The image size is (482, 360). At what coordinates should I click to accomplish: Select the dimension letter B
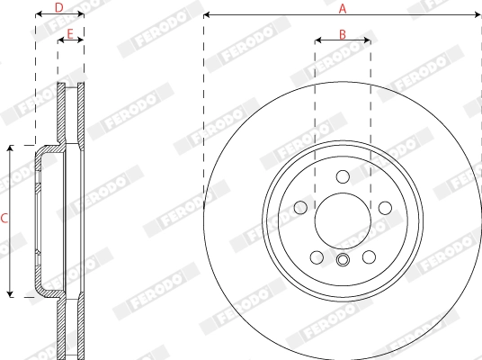pyautogui.click(x=342, y=33)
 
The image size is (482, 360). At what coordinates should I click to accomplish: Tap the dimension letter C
pyautogui.click(x=4, y=219)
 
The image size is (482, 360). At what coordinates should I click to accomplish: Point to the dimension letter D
pyautogui.click(x=59, y=7)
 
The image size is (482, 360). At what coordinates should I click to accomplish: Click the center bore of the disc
pyautogui.click(x=342, y=219)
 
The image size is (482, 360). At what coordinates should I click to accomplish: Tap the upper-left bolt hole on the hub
pyautogui.click(x=299, y=208)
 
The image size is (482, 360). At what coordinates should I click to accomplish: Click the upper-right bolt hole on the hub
pyautogui.click(x=384, y=208)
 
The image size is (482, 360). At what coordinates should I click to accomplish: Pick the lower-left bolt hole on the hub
pyautogui.click(x=316, y=256)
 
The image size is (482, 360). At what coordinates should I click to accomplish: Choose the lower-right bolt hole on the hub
pyautogui.click(x=369, y=256)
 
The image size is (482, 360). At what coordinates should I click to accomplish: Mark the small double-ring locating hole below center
pyautogui.click(x=342, y=261)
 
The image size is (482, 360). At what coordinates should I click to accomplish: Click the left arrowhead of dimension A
pyautogui.click(x=208, y=14)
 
